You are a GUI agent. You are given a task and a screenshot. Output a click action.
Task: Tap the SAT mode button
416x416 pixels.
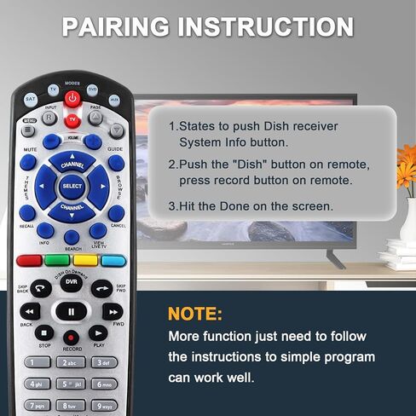(x=31, y=100)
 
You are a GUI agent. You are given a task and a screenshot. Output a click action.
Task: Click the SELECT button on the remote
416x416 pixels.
(x=72, y=184)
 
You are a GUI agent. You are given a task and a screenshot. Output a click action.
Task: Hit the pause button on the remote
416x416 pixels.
(x=72, y=312)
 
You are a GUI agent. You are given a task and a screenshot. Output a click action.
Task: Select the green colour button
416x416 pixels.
(x=56, y=261)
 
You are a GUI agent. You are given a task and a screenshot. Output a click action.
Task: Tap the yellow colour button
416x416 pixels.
(x=85, y=261)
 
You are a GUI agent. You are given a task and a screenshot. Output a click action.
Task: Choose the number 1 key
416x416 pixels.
(x=37, y=362)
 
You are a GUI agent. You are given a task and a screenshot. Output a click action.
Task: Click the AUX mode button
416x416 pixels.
(x=114, y=100)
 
